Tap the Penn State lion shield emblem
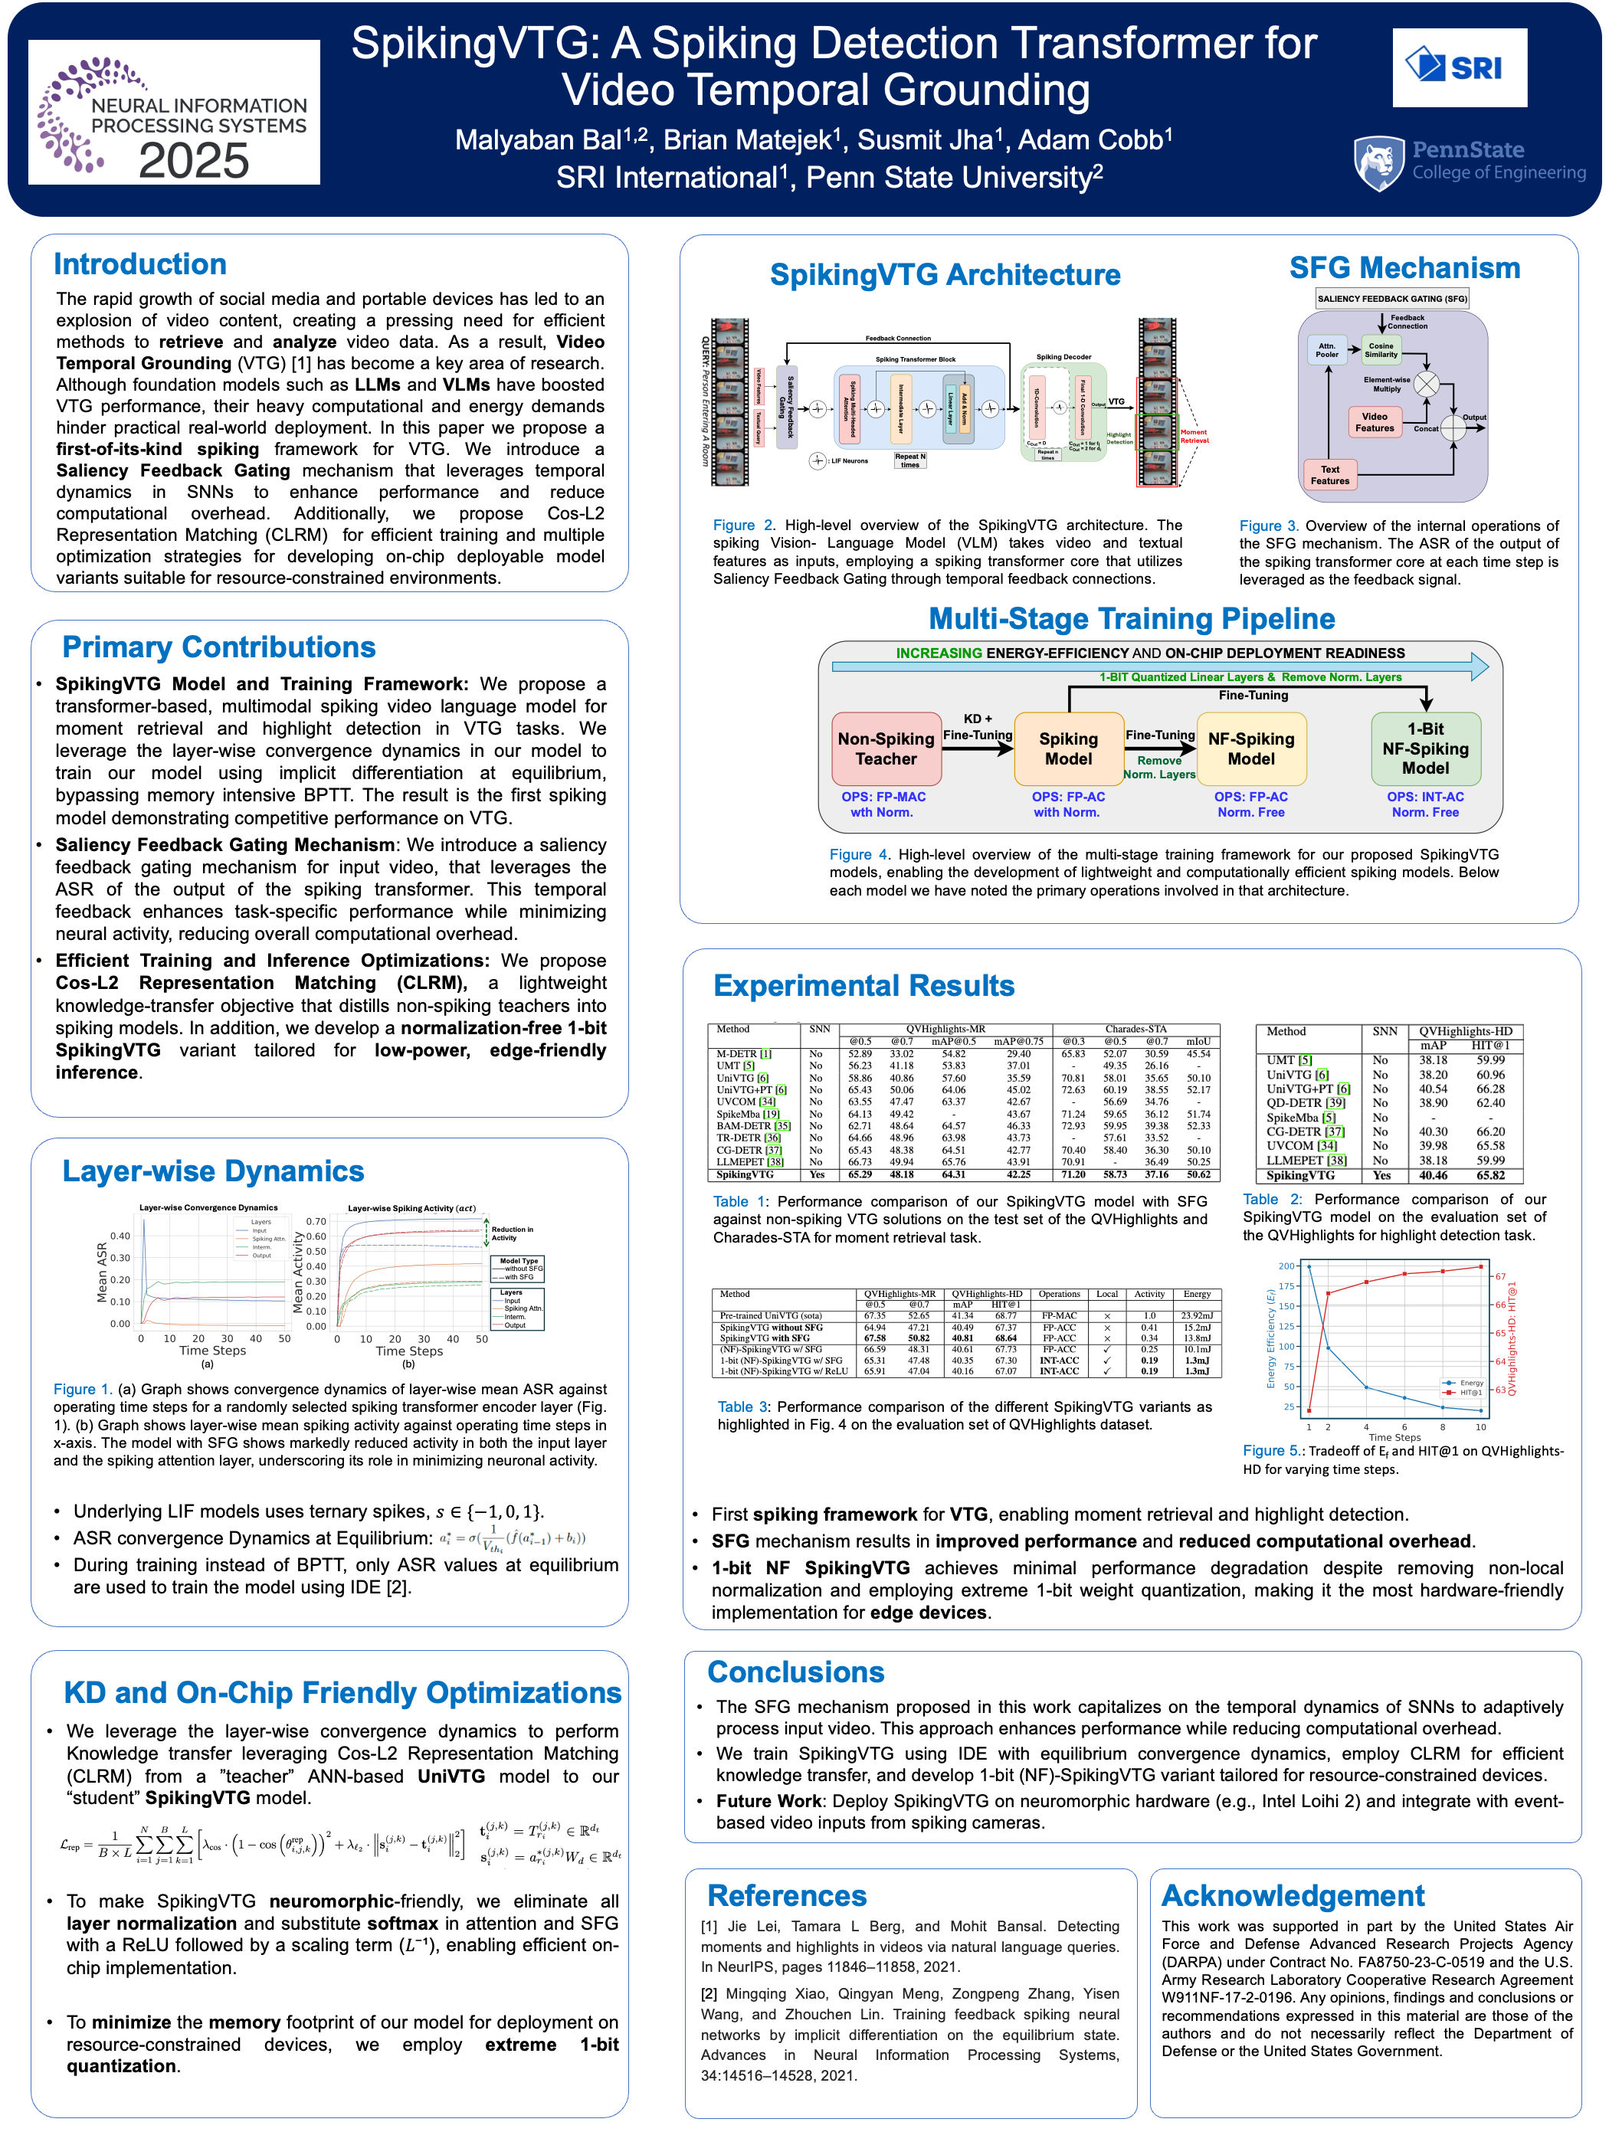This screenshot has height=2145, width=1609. click(1379, 163)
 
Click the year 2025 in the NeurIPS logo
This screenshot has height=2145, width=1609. click(194, 161)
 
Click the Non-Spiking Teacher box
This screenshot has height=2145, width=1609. click(886, 748)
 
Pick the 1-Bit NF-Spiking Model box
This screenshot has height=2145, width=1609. click(1424, 748)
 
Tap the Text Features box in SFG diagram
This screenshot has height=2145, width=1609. click(1329, 475)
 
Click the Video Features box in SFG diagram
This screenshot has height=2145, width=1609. click(1375, 422)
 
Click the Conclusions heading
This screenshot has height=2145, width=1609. click(795, 1672)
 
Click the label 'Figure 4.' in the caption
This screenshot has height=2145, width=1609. click(858, 854)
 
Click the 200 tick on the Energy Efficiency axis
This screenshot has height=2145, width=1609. click(1286, 1266)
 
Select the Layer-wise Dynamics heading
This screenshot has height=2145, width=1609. click(212, 1171)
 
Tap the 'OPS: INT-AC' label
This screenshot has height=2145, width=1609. click(1424, 796)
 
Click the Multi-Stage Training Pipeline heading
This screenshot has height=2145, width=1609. click(1131, 619)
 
